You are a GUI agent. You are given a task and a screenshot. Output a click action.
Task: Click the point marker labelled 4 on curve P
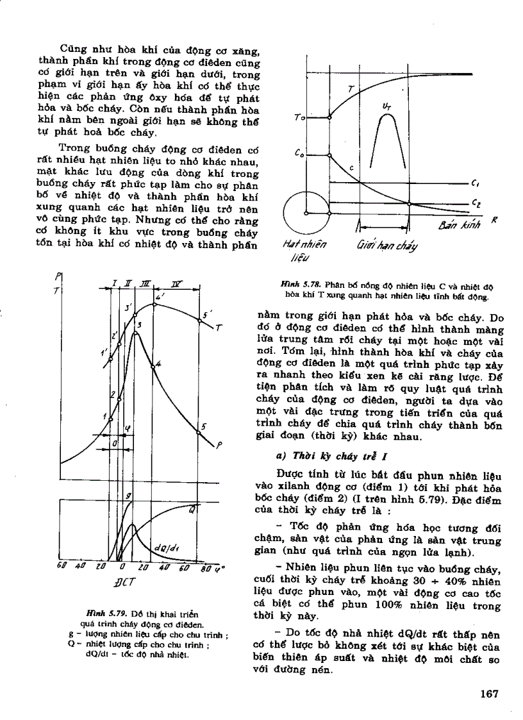click(x=153, y=366)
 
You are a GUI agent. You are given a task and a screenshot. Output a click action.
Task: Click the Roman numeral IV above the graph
click(x=176, y=283)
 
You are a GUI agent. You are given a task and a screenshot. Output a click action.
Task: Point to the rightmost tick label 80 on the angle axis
click(x=206, y=567)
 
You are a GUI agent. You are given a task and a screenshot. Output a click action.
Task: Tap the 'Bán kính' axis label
click(x=456, y=226)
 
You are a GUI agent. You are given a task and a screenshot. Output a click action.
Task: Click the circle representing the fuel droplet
click(x=306, y=213)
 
